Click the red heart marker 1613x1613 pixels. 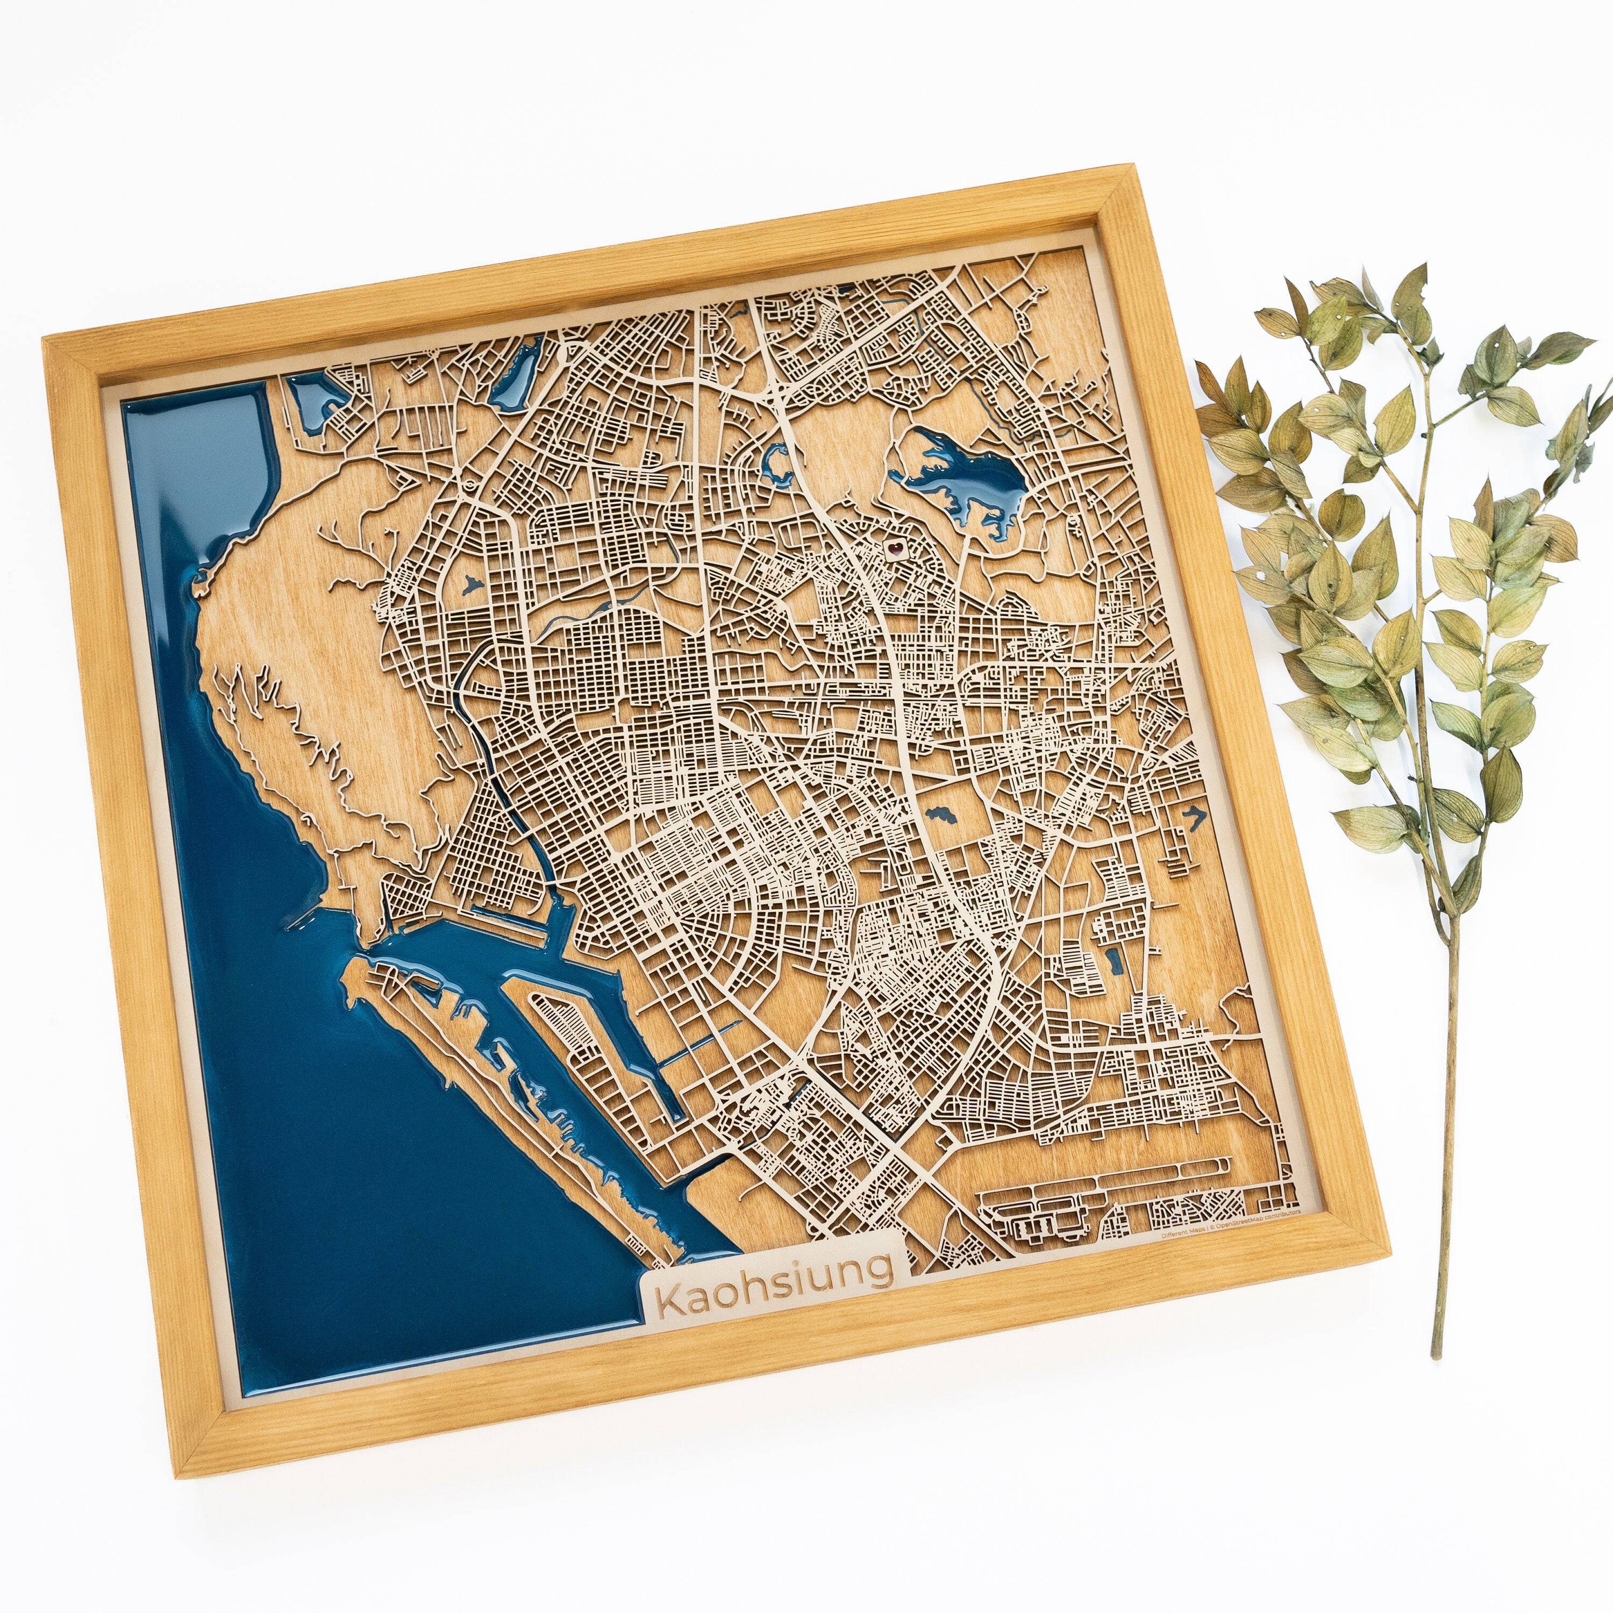(x=894, y=548)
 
